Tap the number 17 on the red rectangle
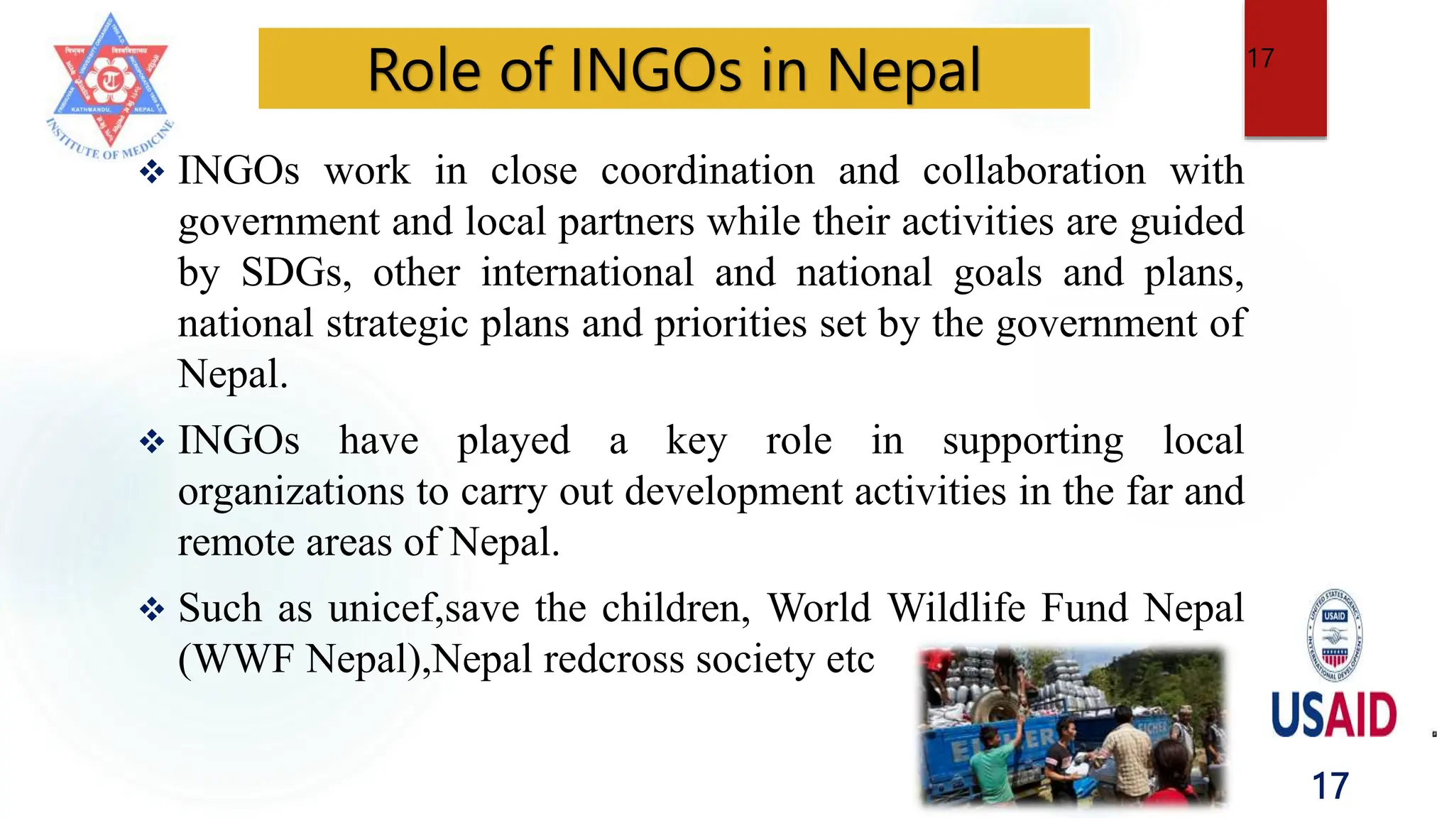point(1261,58)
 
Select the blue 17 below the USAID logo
point(1330,786)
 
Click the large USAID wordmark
point(1333,714)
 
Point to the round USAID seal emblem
point(1334,635)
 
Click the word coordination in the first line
point(707,171)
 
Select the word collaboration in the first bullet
point(1034,171)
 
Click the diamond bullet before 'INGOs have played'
point(152,442)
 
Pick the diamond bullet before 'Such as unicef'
point(152,609)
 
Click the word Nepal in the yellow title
point(903,70)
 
